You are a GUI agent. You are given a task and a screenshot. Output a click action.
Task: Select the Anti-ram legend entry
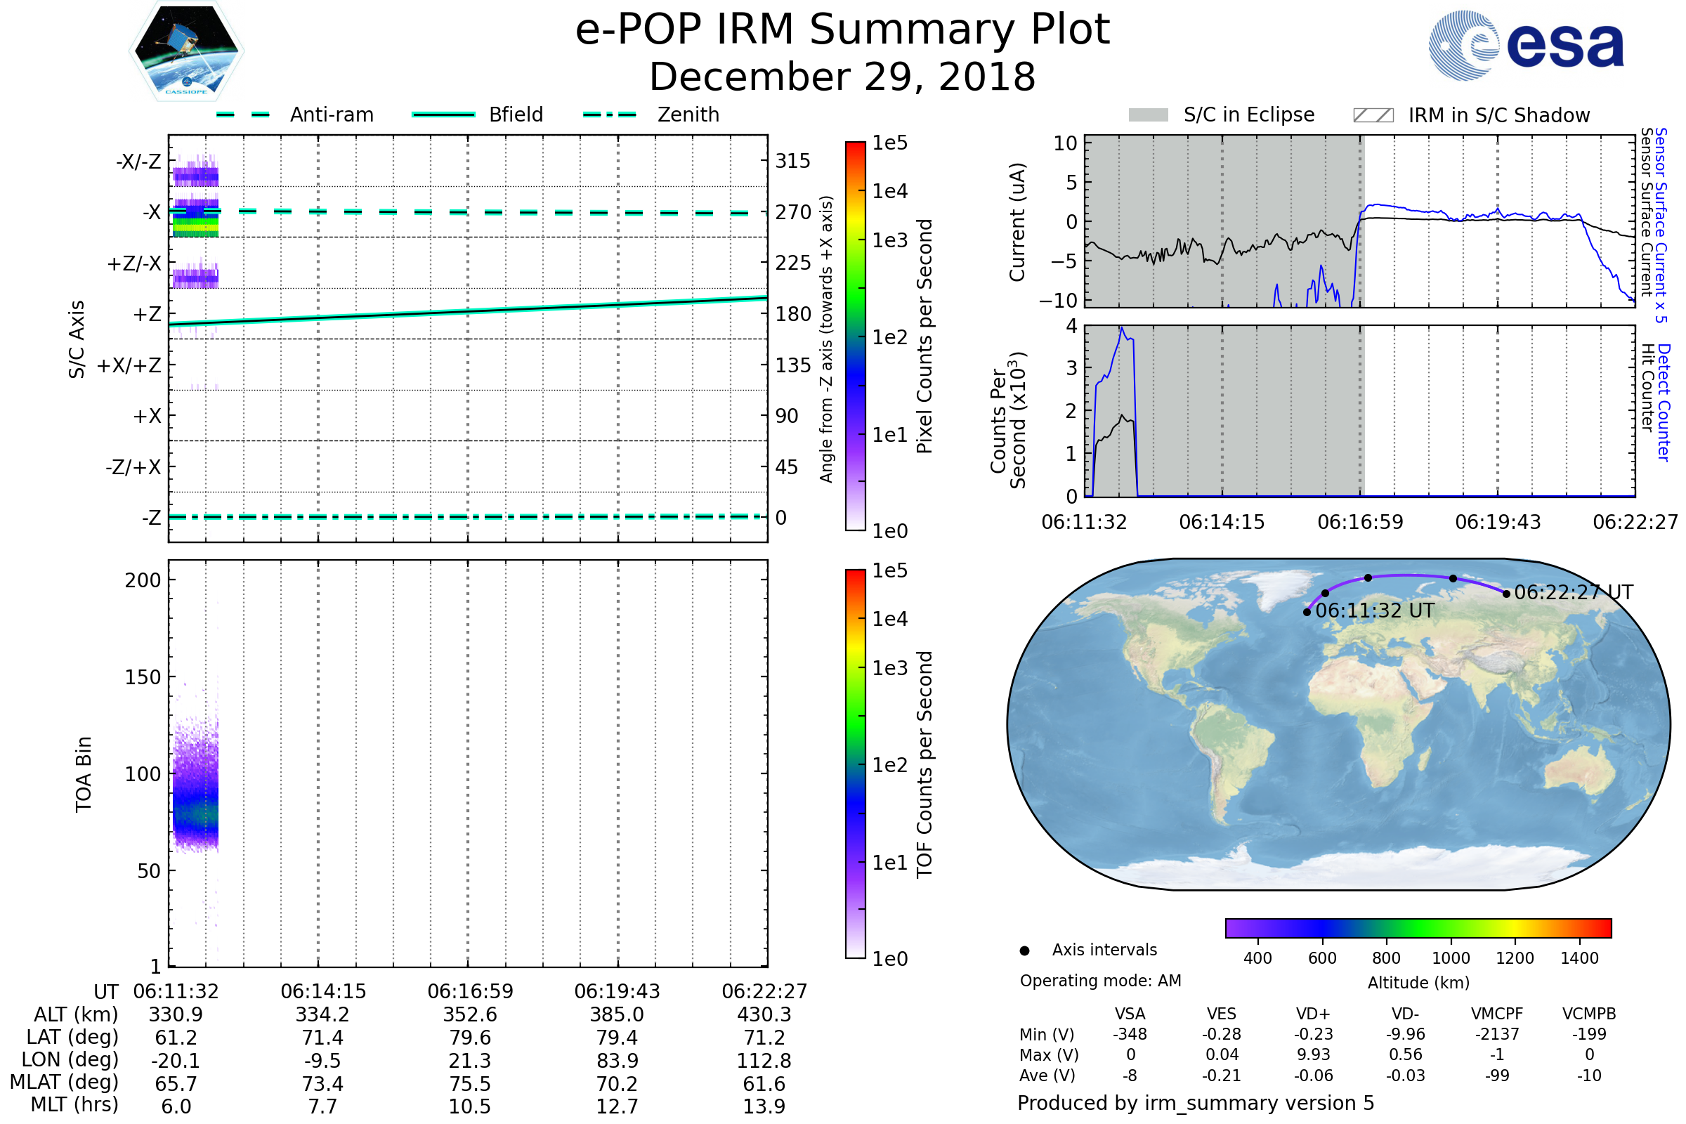pyautogui.click(x=331, y=115)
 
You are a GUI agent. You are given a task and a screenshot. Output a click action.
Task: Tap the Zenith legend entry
pyautogui.click(x=688, y=115)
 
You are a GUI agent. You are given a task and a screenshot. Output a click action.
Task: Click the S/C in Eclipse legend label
pyautogui.click(x=1248, y=115)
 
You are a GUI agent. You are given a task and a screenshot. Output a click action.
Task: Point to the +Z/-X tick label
pyautogui.click(x=134, y=264)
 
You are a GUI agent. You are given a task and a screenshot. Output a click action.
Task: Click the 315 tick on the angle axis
pyautogui.click(x=792, y=161)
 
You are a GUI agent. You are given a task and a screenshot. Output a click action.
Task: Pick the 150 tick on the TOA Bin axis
pyautogui.click(x=143, y=677)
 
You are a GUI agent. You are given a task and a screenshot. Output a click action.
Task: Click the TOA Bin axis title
pyautogui.click(x=83, y=774)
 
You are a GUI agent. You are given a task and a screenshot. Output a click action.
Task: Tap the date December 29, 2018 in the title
pyautogui.click(x=842, y=77)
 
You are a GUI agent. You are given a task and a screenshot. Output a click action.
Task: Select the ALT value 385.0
pyautogui.click(x=617, y=1014)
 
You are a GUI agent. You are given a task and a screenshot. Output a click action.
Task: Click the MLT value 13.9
pyautogui.click(x=764, y=1106)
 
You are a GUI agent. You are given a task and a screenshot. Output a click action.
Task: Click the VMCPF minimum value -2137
pyautogui.click(x=1497, y=1033)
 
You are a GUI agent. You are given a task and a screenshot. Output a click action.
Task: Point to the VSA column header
pyautogui.click(x=1130, y=1014)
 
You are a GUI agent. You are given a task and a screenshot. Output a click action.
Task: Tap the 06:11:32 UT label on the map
pyautogui.click(x=1375, y=610)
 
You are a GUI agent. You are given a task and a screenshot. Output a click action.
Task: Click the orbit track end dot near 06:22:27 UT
pyautogui.click(x=1506, y=594)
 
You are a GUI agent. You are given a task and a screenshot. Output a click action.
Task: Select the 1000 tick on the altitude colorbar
pyautogui.click(x=1450, y=958)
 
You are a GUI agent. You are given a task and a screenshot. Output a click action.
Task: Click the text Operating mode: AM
pyautogui.click(x=1100, y=981)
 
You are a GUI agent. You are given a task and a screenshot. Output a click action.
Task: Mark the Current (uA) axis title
pyautogui.click(x=1017, y=222)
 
